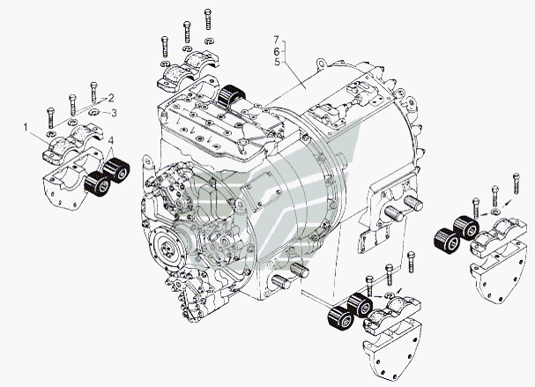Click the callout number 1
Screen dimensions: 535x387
point(26,128)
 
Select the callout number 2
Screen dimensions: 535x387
point(111,98)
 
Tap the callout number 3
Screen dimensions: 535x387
point(114,113)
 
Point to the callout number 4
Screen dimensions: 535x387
point(111,140)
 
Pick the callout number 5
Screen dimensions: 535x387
point(277,63)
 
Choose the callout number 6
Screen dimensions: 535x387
point(277,51)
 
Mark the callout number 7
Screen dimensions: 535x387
point(277,40)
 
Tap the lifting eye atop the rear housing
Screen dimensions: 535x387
point(321,63)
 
